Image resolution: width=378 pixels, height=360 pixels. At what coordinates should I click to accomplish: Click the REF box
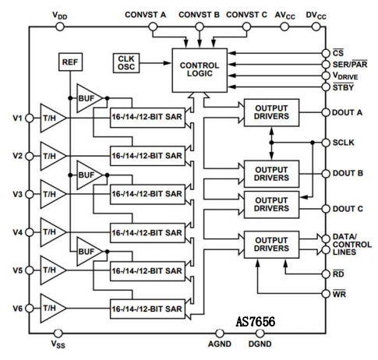tap(70, 62)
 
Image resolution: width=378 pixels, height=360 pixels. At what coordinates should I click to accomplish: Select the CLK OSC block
tap(126, 63)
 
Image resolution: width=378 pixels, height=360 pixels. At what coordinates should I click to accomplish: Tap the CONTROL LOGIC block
tap(200, 70)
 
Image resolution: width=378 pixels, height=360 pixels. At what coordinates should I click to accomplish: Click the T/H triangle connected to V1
tap(52, 118)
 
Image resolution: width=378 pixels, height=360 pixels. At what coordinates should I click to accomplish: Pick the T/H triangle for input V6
tap(52, 309)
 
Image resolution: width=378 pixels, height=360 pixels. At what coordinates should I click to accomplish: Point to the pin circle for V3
tap(30, 194)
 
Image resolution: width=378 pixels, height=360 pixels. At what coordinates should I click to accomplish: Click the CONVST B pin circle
tap(200, 26)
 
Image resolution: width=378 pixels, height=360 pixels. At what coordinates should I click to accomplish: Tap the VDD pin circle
tap(60, 26)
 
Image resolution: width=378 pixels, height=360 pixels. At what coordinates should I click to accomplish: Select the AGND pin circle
tap(220, 333)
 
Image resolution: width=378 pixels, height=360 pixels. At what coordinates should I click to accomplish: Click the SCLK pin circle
tap(326, 143)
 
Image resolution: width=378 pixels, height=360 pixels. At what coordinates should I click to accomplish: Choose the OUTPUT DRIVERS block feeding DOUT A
tap(271, 112)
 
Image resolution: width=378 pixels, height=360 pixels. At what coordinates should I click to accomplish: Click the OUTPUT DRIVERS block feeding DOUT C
tap(271, 205)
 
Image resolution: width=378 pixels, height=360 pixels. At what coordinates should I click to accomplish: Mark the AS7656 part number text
tap(256, 322)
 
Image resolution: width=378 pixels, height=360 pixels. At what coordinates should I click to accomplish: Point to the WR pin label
tap(339, 294)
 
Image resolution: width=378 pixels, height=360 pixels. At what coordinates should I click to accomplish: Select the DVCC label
tap(316, 16)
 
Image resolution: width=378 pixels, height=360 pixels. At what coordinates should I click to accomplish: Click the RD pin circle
tap(326, 274)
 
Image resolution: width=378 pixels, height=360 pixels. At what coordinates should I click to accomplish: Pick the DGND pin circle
tap(260, 333)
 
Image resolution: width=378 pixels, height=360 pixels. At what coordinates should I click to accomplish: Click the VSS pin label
tap(58, 344)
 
